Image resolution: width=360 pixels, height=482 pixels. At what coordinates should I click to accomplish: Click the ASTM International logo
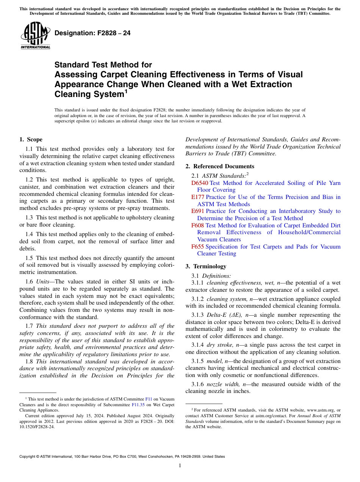click(35, 36)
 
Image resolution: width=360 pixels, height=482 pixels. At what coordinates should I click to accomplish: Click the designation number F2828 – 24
click(92, 33)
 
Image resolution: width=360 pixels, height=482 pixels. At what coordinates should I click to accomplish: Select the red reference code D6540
click(199, 183)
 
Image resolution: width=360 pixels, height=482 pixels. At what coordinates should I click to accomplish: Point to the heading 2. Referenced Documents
click(220, 166)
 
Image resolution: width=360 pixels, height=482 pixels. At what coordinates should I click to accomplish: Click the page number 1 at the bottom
click(180, 466)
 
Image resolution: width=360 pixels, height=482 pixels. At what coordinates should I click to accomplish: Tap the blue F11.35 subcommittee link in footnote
click(138, 404)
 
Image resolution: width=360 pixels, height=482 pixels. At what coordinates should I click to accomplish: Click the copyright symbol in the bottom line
click(39, 457)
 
